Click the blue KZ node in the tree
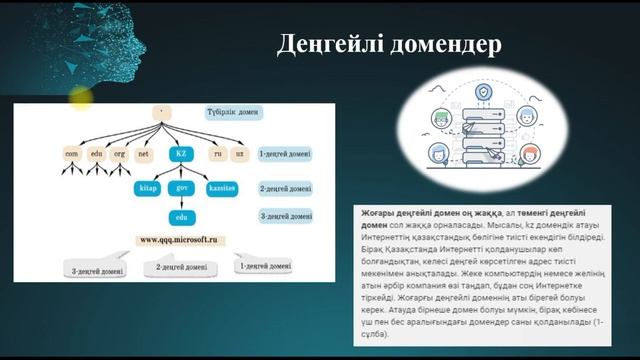[181, 155]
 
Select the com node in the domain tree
[71, 155]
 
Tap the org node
[119, 155]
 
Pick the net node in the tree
[144, 155]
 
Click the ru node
[214, 155]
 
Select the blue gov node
[182, 187]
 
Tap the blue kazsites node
[221, 187]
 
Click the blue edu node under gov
[181, 216]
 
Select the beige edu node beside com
[96, 155]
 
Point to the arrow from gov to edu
[181, 202]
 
